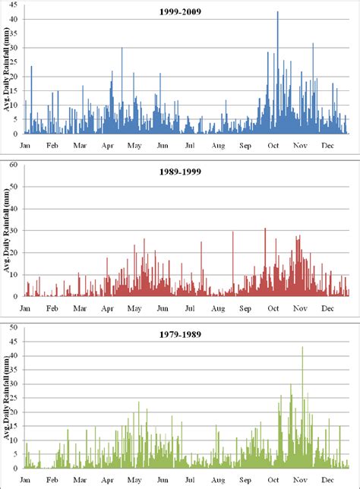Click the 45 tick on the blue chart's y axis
[15, 5]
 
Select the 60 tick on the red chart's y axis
[15, 164]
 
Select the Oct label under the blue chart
[272, 146]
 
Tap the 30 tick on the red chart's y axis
[15, 230]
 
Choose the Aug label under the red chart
[218, 308]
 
